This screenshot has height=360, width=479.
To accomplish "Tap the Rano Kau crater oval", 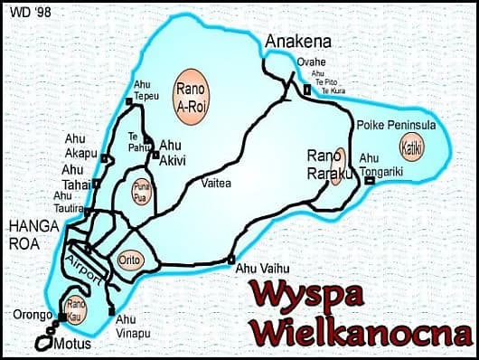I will point(76,307).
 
